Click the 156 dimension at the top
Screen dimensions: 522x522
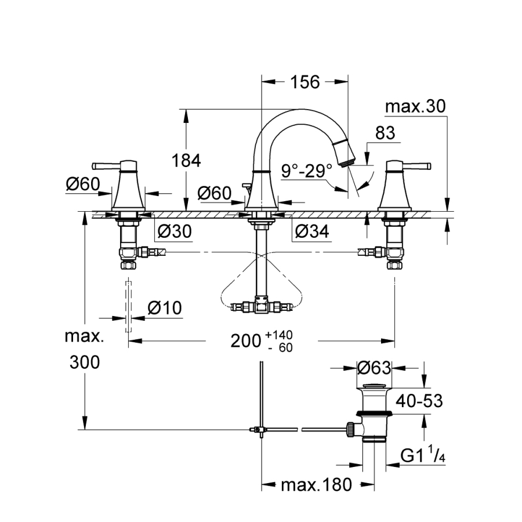click(304, 82)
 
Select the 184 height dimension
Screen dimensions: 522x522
click(187, 160)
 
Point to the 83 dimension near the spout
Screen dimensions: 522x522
click(385, 133)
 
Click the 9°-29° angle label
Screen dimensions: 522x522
click(307, 171)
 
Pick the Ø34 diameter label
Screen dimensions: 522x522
click(311, 231)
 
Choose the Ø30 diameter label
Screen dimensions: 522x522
click(174, 231)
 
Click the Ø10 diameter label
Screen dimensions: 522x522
click(164, 308)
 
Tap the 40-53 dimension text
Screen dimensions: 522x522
click(419, 400)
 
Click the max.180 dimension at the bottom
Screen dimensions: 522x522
click(316, 484)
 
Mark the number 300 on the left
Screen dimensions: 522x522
click(85, 362)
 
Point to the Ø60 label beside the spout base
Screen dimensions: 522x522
click(215, 193)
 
